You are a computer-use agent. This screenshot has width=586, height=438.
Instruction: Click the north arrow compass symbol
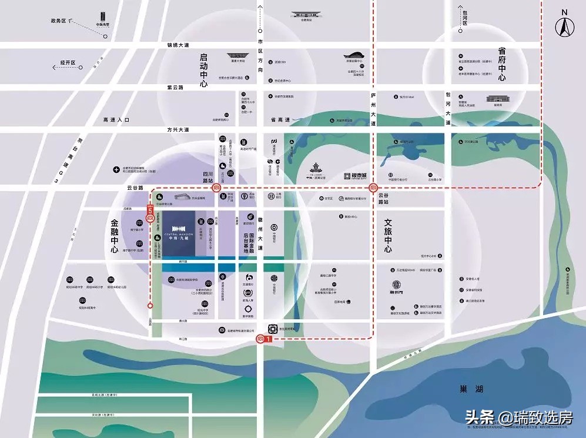pyautogui.click(x=565, y=26)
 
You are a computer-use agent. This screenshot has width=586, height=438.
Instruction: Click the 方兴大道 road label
pyautogui.click(x=178, y=129)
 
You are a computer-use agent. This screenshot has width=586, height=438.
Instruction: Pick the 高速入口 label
pyautogui.click(x=115, y=119)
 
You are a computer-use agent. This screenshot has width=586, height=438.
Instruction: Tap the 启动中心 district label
pyautogui.click(x=204, y=71)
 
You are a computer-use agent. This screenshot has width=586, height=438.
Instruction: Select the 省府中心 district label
pyautogui.click(x=501, y=65)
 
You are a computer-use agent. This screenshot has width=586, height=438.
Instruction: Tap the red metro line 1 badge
pyautogui.click(x=269, y=339)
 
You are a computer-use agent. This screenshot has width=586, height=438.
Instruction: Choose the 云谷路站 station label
pyautogui.click(x=384, y=198)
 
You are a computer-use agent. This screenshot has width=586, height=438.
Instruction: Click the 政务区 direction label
pyautogui.click(x=60, y=21)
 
